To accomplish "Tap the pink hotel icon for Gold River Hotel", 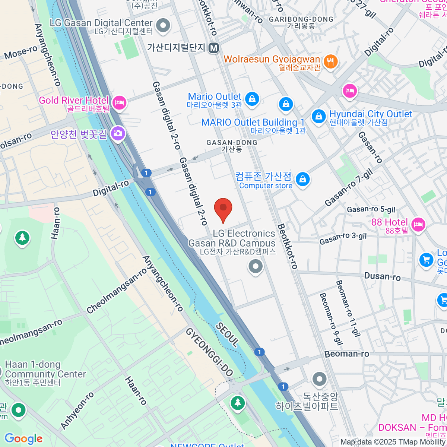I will (x=119, y=102).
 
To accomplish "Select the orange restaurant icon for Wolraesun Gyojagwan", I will (x=330, y=61).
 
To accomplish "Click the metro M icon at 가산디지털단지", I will (x=214, y=48).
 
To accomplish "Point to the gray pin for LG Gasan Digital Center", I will (x=163, y=25).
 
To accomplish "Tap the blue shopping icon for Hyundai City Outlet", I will (x=318, y=116).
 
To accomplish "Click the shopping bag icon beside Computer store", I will (x=303, y=179).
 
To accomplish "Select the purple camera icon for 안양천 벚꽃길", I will (x=118, y=133).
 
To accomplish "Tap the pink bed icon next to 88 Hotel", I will (x=418, y=224).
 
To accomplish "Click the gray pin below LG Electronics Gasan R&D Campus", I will (x=256, y=267).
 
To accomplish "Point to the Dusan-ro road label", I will (x=382, y=276).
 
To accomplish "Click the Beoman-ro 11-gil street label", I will (x=348, y=308).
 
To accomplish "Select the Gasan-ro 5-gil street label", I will (x=371, y=209).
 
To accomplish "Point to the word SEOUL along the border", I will (x=227, y=335).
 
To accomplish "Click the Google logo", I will (x=24, y=438).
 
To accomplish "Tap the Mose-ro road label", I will (x=21, y=53).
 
